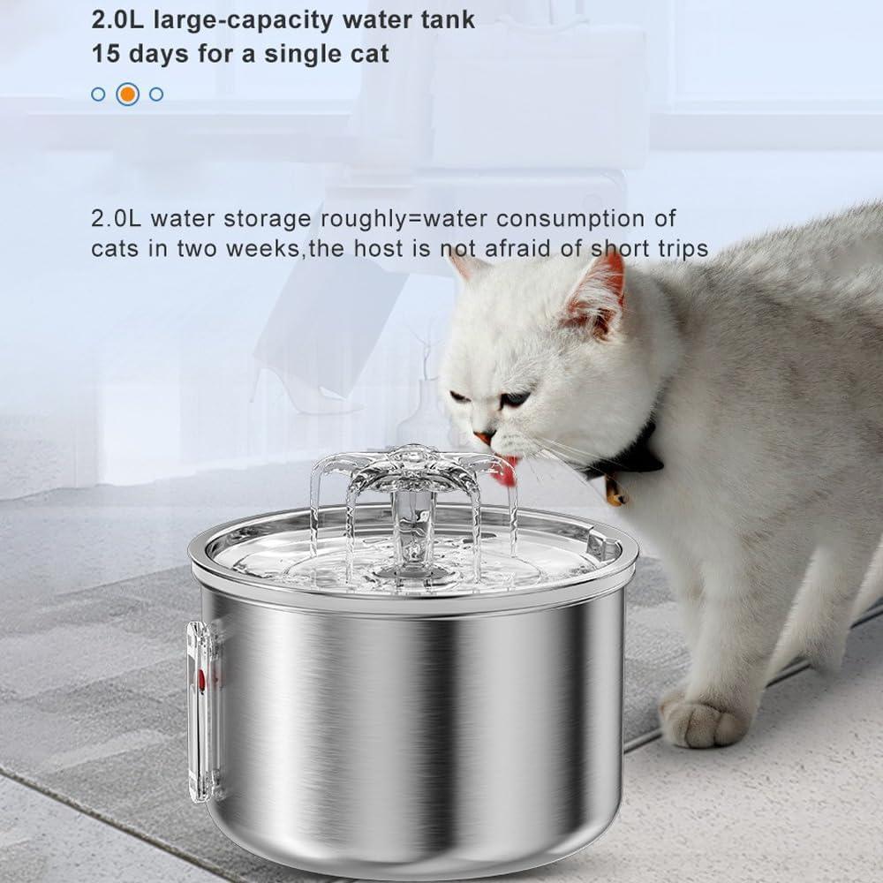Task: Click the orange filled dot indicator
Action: coord(127,94)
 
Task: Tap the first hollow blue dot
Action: coord(98,94)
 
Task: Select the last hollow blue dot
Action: coord(156,94)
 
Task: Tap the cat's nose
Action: coord(482,436)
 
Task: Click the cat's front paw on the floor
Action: coord(703,719)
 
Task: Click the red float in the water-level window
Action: coord(202,679)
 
